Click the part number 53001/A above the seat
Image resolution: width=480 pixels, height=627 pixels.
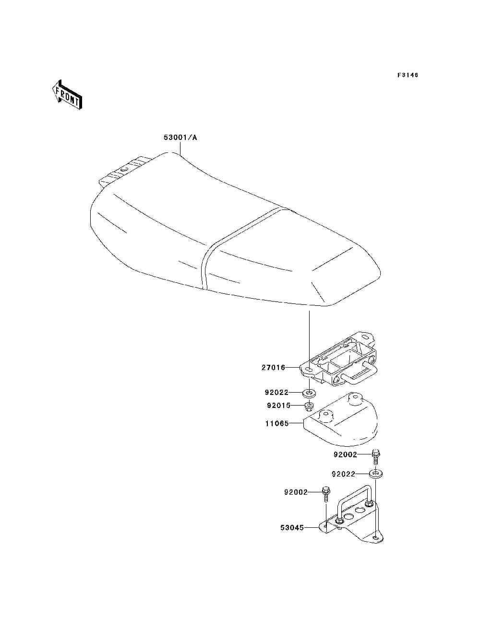(180, 138)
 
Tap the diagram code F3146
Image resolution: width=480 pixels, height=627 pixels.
(408, 75)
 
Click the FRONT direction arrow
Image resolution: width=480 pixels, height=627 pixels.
(67, 94)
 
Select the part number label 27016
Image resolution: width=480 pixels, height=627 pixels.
(273, 368)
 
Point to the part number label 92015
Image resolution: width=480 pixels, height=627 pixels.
(278, 406)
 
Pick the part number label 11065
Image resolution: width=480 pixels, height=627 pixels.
(276, 424)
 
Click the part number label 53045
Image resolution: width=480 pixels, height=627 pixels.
(292, 528)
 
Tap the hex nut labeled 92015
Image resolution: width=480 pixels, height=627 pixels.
(310, 407)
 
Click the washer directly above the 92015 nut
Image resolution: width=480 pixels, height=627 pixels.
(310, 394)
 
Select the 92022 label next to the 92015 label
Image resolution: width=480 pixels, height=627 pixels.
(276, 392)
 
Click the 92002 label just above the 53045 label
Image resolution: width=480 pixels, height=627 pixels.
(295, 492)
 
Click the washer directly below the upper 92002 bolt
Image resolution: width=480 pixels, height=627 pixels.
(375, 474)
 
